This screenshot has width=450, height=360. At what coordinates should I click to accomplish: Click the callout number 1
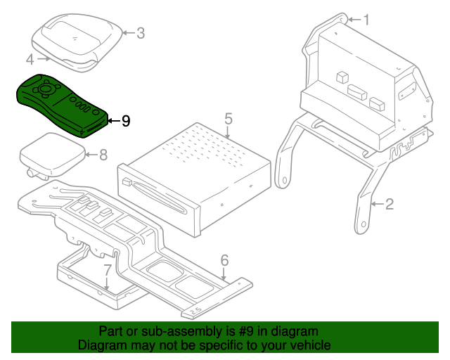(365, 20)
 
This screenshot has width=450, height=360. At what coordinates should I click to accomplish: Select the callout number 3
(140, 32)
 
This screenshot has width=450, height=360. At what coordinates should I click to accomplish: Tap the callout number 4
(30, 59)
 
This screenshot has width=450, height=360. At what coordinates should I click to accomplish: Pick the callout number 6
(224, 260)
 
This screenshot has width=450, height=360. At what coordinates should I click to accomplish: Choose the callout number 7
(107, 269)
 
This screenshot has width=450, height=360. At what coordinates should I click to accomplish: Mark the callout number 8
(103, 155)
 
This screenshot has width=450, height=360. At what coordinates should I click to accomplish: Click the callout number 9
(125, 121)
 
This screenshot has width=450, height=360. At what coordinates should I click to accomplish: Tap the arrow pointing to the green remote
(112, 121)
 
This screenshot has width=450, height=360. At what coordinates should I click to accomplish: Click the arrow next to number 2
(378, 205)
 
